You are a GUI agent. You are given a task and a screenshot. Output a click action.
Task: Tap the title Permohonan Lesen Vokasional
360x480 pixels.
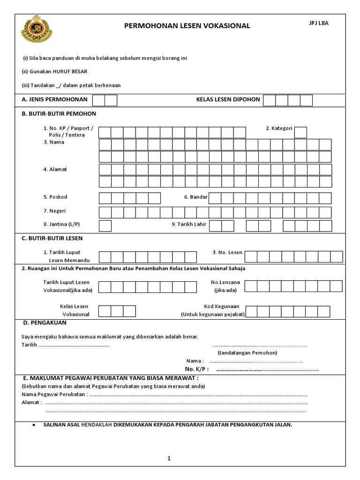[187, 26]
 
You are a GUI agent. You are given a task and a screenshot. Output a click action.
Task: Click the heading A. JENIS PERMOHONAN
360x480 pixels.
[54, 100]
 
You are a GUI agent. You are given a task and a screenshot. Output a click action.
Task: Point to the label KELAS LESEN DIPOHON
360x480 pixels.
[228, 100]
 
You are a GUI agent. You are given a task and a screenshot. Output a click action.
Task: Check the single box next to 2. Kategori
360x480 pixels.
[300, 133]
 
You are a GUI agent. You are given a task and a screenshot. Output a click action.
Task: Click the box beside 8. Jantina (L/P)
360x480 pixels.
[105, 225]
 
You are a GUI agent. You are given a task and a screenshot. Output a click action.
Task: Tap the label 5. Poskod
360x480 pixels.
[55, 197]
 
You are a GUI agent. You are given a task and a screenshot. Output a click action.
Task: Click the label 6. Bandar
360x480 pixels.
[196, 197]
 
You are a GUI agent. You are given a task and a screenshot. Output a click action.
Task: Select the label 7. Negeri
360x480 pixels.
[54, 211]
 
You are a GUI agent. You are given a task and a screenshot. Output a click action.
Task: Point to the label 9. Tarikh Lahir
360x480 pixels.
[189, 224]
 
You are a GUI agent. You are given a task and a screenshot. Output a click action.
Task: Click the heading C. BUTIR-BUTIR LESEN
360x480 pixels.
[52, 238]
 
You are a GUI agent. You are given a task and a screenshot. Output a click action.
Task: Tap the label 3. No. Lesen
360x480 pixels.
[227, 252]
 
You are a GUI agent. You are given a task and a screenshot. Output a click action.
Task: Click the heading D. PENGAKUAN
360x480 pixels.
[45, 322]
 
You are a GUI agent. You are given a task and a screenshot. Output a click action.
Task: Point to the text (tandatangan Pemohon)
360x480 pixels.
[247, 352]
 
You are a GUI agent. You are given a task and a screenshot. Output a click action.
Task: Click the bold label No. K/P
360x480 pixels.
[196, 369]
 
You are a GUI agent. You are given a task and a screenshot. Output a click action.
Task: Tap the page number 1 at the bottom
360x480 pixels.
[169, 458]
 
